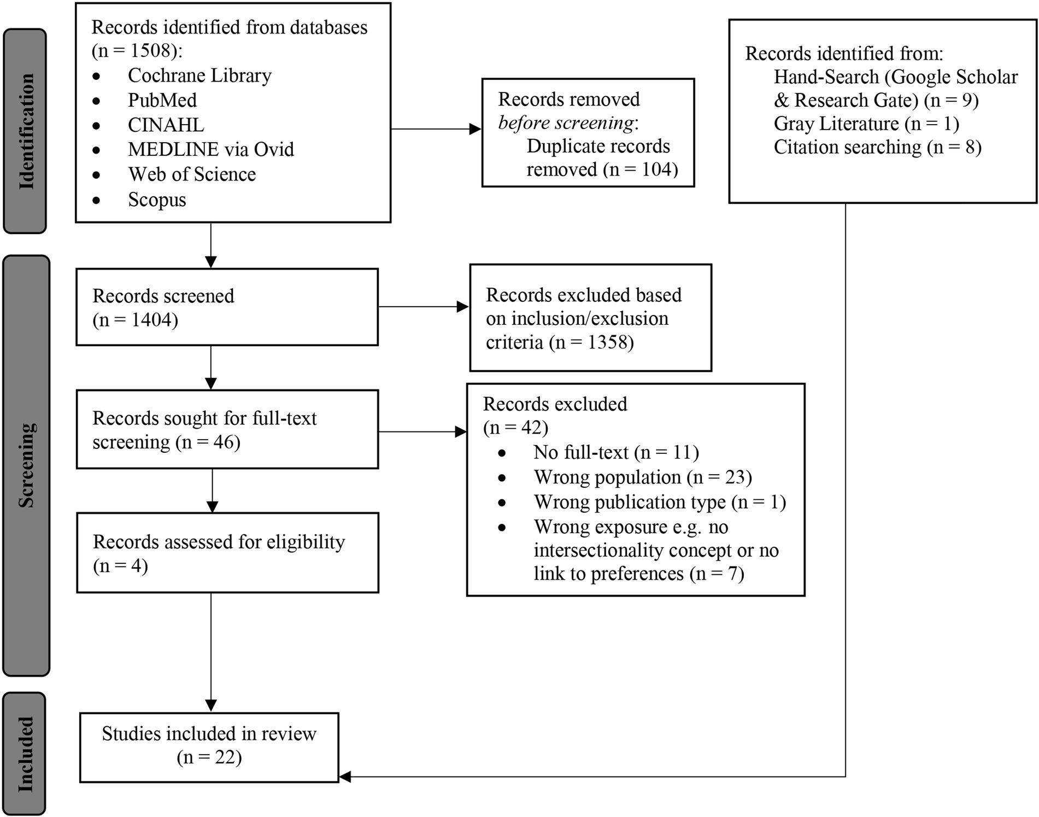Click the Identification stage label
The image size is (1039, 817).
click(26, 131)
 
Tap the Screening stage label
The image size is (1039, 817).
click(26, 465)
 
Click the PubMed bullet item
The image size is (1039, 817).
click(162, 100)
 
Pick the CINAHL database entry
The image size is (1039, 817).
click(166, 125)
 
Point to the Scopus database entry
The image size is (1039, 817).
click(157, 200)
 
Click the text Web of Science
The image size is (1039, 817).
click(192, 174)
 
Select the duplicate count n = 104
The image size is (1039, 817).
click(641, 170)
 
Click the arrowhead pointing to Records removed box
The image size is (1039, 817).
click(476, 129)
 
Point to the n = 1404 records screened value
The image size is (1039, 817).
click(136, 320)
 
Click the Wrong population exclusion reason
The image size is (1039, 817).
click(643, 477)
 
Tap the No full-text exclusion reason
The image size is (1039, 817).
click(617, 453)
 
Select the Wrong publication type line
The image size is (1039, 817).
click(660, 502)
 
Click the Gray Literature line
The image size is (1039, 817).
click(866, 124)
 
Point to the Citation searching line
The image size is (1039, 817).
click(877, 147)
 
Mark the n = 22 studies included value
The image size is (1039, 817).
click(209, 757)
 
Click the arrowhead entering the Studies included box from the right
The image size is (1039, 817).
click(345, 777)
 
